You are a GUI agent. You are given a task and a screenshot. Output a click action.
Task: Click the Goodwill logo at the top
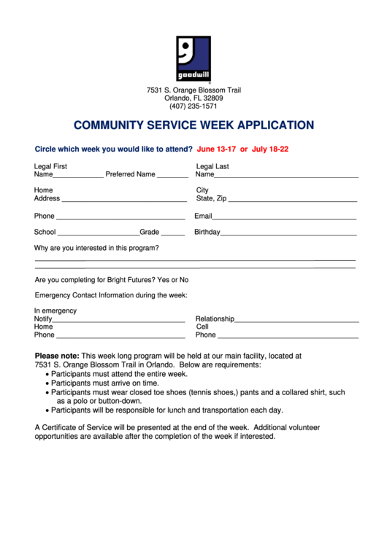pos(193,58)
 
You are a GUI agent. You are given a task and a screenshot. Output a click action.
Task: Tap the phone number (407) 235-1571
pos(193,106)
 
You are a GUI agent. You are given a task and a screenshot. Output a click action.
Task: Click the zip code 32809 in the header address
pos(213,98)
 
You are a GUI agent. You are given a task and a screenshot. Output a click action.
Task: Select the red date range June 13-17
pos(216,149)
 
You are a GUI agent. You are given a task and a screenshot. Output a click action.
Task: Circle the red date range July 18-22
pos(270,149)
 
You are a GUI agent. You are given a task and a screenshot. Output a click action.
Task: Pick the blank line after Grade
pos(173,235)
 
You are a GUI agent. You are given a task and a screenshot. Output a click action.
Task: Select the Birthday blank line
pos(288,235)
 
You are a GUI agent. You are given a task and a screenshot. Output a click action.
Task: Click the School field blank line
pos(98,235)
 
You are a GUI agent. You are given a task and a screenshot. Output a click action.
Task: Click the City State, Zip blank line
pos(293,200)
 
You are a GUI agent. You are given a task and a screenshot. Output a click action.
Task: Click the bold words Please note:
pos(57,356)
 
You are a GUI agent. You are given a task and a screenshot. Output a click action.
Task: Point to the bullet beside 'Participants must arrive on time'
pos(47,383)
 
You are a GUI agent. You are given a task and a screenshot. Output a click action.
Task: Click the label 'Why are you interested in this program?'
pos(96,248)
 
